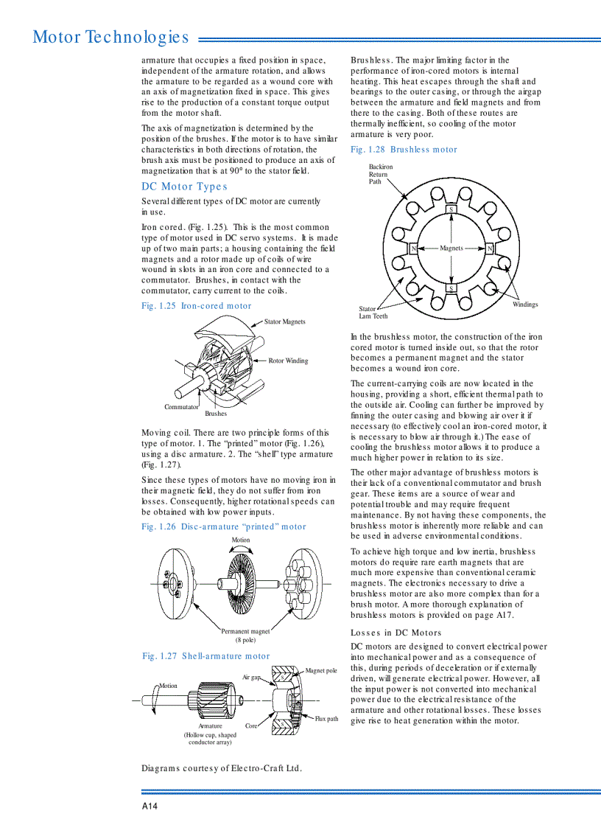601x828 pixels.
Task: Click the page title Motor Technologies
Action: point(110,37)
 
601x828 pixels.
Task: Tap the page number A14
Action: point(150,806)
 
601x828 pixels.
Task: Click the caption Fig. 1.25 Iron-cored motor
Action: point(196,306)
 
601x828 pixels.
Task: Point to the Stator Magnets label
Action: point(284,321)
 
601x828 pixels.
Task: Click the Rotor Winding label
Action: point(288,361)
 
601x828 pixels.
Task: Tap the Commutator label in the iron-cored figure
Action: point(181,407)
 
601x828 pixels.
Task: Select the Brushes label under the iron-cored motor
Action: point(216,414)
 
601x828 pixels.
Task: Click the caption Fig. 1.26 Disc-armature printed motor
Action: point(223,526)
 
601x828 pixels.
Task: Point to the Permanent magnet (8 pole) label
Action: point(245,636)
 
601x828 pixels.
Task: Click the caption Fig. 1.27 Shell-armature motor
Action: point(205,656)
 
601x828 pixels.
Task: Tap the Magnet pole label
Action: point(320,671)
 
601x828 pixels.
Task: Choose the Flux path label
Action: point(326,718)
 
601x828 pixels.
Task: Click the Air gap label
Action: point(251,677)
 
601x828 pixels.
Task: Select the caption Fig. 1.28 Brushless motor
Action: point(404,150)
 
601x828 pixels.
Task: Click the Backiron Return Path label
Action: point(381,174)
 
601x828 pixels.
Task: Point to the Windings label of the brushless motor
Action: point(525,305)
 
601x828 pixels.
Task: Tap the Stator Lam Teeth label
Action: point(373,313)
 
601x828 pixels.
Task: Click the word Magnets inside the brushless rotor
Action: point(451,248)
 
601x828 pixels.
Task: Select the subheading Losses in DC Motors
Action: point(396,633)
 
